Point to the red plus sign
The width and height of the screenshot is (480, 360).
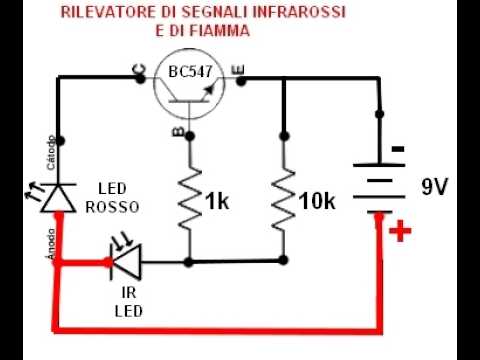point(401,233)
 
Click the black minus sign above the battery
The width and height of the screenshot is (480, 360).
point(398,150)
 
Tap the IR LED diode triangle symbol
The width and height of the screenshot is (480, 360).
point(125,262)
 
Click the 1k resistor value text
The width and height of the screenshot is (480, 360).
point(217,202)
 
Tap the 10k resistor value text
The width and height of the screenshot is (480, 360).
point(316,202)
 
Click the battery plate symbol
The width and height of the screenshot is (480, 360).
point(379,188)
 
